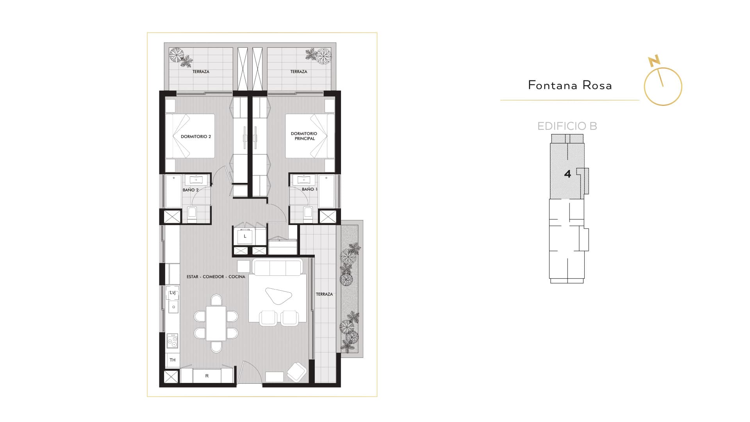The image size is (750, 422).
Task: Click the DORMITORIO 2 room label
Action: pyautogui.click(x=196, y=137)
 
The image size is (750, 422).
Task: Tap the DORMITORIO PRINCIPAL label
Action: pyautogui.click(x=304, y=136)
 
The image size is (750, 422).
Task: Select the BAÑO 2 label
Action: pyautogui.click(x=191, y=190)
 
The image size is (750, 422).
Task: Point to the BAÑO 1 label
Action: pyautogui.click(x=309, y=189)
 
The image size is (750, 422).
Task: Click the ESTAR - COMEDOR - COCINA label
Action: pyautogui.click(x=216, y=277)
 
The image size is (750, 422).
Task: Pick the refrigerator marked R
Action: pyautogui.click(x=207, y=376)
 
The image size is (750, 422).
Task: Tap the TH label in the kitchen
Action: pyautogui.click(x=173, y=360)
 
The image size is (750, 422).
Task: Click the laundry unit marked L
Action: pyautogui.click(x=245, y=236)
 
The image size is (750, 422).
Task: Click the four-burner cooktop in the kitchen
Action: pyautogui.click(x=172, y=341)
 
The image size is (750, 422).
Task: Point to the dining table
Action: pyautogui.click(x=216, y=324)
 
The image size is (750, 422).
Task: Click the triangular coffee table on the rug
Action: pyautogui.click(x=279, y=295)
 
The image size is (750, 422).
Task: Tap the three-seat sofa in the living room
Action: pyautogui.click(x=277, y=267)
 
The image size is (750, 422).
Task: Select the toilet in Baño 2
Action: pyautogui.click(x=192, y=213)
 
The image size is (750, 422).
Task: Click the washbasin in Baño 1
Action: pyautogui.click(x=304, y=180)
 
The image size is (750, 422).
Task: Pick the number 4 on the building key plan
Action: pyautogui.click(x=568, y=174)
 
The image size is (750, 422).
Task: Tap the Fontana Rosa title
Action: pyautogui.click(x=570, y=85)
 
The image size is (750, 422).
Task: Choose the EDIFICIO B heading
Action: pyautogui.click(x=567, y=126)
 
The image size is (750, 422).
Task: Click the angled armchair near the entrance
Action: pyautogui.click(x=297, y=372)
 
